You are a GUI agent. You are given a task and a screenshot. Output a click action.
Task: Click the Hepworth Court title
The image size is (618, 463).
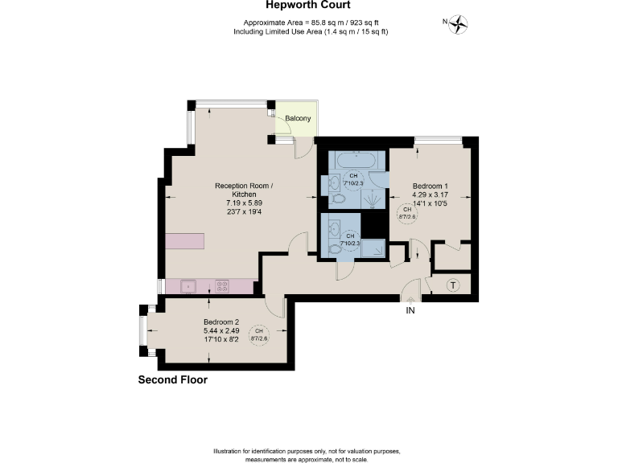(x=308, y=5)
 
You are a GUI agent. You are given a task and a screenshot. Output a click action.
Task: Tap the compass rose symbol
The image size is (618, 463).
(x=459, y=24)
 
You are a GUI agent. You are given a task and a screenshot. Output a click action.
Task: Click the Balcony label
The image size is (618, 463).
(x=298, y=119)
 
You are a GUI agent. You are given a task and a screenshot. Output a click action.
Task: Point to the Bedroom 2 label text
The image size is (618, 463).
(x=220, y=322)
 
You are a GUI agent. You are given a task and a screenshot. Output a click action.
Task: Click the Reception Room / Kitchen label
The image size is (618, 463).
(x=244, y=191)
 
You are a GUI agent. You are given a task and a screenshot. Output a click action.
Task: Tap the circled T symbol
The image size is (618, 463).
(x=453, y=285)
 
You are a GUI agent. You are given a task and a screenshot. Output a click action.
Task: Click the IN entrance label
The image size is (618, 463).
(x=410, y=310)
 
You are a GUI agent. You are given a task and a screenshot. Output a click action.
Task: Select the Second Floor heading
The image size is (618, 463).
(x=172, y=380)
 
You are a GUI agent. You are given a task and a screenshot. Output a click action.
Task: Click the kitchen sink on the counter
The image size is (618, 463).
(x=188, y=285)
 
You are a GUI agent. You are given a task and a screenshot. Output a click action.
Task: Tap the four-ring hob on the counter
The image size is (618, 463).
(x=221, y=285)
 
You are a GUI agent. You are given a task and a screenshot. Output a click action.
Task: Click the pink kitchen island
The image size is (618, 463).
(x=185, y=241)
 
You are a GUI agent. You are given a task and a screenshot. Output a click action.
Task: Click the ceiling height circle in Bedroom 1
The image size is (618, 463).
(x=408, y=213)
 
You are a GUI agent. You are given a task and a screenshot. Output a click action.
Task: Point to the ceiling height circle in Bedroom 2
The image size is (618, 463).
(x=258, y=335)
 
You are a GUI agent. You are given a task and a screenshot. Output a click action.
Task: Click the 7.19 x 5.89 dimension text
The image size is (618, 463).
(x=244, y=204)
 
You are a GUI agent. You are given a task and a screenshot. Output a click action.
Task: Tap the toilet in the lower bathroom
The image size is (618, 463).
(x=335, y=249)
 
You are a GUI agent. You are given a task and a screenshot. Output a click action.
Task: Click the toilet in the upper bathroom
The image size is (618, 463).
(x=337, y=195)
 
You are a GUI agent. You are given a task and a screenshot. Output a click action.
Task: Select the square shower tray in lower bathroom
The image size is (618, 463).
(x=373, y=249)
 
